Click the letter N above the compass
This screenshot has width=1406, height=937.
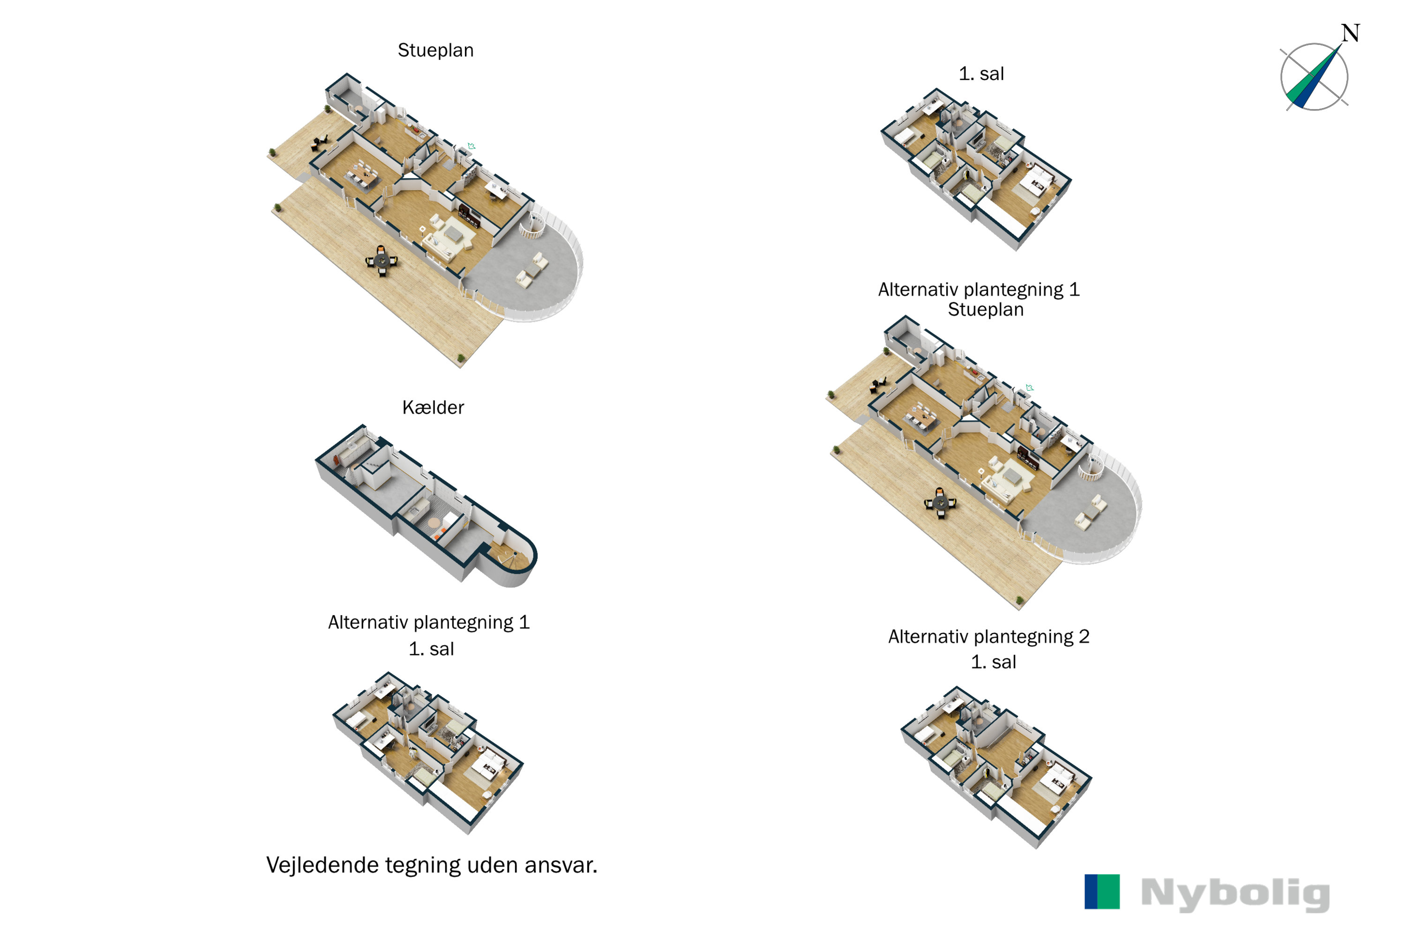click(x=1350, y=33)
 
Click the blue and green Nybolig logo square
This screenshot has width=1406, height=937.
click(x=1102, y=892)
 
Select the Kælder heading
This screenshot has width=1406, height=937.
click(x=433, y=408)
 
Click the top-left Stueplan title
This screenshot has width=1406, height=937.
click(x=435, y=50)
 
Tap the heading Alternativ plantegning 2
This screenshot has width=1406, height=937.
click(x=989, y=636)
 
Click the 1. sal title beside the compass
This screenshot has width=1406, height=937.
click(x=981, y=74)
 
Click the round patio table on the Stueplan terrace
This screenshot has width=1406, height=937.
click(x=381, y=260)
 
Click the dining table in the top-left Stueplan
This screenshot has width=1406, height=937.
click(x=363, y=174)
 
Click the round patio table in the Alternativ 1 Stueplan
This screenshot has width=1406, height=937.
click(x=940, y=503)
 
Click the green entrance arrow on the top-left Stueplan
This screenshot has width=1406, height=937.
click(x=471, y=146)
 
